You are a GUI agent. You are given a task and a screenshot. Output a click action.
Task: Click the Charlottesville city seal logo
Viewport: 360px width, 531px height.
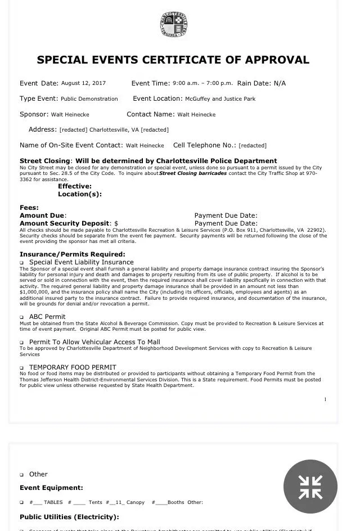[173, 25]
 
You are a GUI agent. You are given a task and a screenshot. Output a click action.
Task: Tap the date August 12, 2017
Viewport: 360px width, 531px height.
[83, 83]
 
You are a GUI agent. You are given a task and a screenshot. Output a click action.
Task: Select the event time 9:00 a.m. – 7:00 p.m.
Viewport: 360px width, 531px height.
[202, 83]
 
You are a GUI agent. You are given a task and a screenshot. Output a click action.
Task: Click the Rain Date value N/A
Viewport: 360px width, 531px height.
[280, 83]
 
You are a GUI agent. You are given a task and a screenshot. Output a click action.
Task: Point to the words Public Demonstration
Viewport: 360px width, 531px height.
[89, 99]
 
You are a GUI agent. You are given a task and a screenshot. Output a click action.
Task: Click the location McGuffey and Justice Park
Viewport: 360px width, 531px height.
[220, 99]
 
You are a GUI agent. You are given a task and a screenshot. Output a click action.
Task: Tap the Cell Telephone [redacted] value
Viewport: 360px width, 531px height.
[253, 146]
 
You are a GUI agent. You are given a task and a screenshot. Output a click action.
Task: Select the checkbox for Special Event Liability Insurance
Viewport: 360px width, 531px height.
[22, 263]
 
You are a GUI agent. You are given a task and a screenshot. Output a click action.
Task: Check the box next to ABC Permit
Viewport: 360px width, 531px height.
[22, 317]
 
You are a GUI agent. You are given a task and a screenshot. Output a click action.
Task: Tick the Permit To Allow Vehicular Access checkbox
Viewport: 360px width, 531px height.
[22, 343]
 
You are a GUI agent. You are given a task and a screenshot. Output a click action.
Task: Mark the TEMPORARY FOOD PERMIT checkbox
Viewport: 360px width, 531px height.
[22, 368]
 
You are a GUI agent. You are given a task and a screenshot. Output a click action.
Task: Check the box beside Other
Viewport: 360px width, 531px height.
[22, 475]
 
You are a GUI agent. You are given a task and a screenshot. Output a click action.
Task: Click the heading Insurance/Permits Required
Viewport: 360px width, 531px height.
[73, 254]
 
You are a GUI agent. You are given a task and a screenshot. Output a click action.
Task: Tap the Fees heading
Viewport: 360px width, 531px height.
[29, 208]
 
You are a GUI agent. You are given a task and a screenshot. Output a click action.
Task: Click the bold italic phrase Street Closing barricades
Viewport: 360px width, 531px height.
[193, 173]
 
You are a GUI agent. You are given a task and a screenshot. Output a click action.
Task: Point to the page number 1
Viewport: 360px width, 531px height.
[325, 399]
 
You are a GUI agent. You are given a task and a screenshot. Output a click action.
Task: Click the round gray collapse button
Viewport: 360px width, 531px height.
[310, 487]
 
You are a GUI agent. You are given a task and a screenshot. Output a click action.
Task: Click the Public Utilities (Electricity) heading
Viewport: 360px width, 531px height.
[69, 517]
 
